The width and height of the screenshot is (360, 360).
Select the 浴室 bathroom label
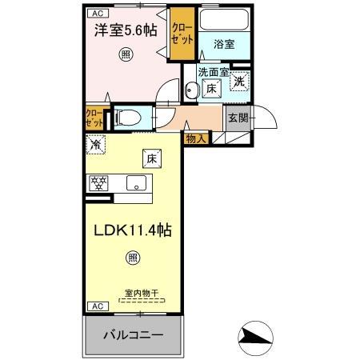pos(225,45)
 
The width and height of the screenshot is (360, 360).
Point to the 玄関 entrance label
pos(238,118)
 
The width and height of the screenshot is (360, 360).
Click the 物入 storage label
pos(196,138)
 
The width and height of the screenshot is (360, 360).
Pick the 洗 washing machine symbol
pos(239,82)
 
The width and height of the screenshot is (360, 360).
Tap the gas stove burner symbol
pos(98,182)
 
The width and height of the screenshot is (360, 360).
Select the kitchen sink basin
pos(136,182)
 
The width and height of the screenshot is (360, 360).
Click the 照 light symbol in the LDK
pos(132,258)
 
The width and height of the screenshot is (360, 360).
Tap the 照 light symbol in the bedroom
pos(125,54)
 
